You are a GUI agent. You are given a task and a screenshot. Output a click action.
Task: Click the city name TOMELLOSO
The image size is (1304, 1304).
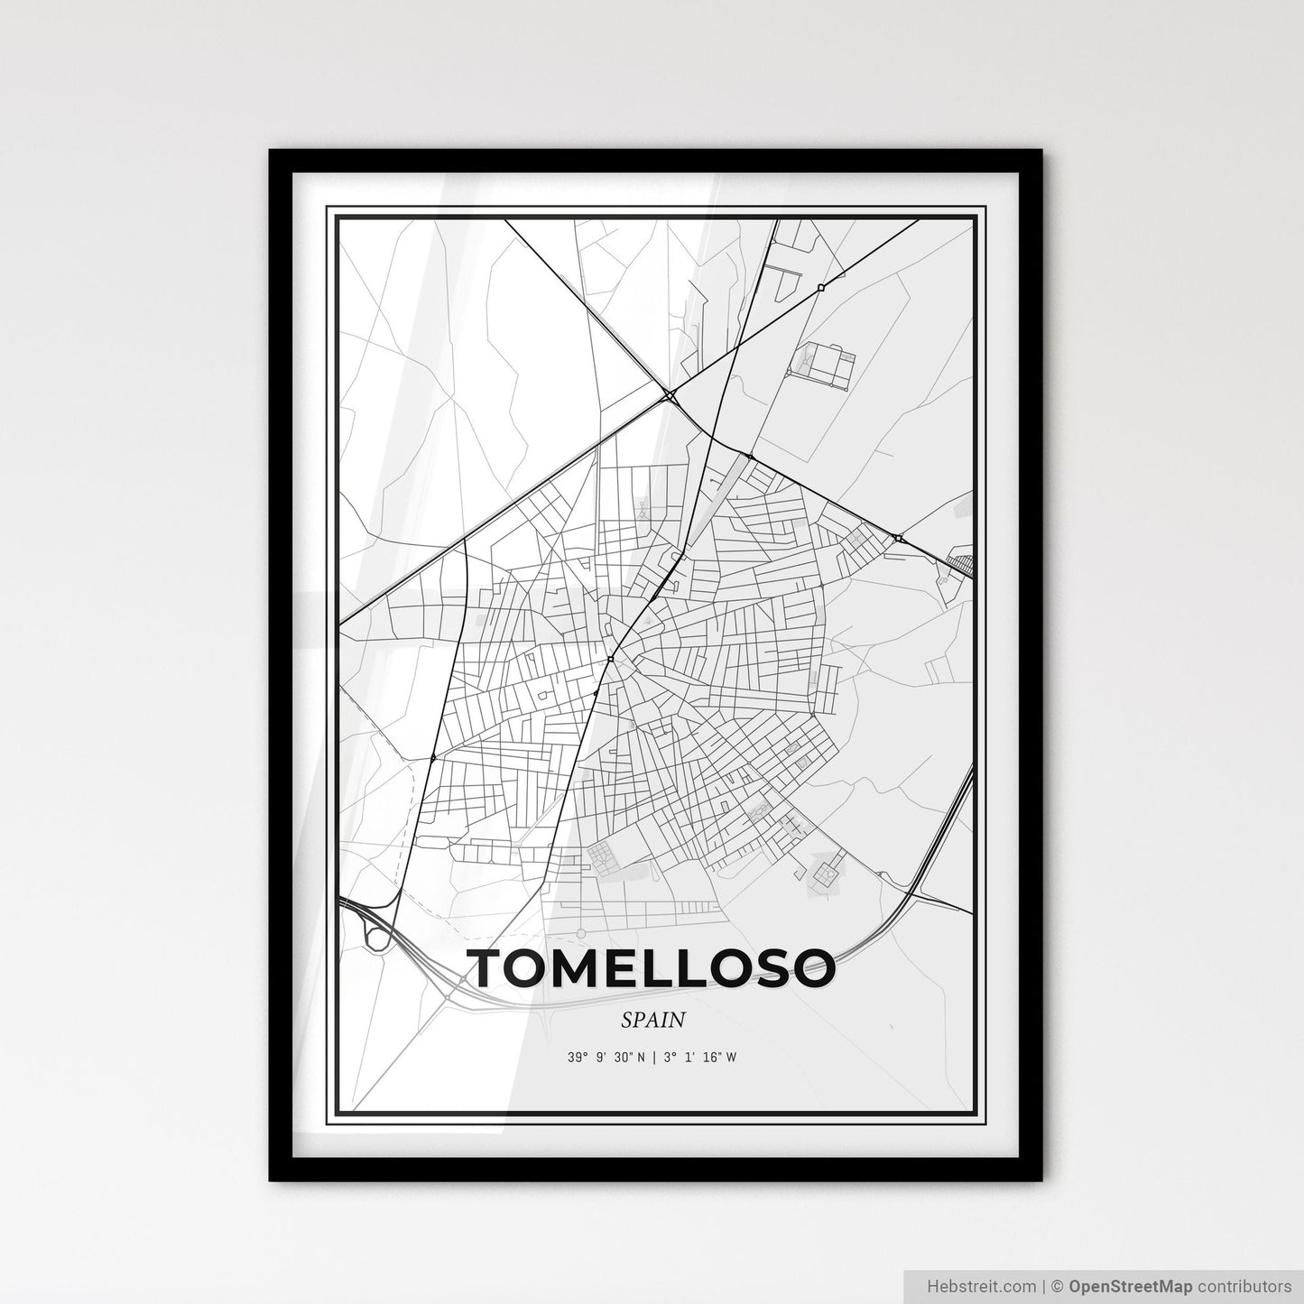652,967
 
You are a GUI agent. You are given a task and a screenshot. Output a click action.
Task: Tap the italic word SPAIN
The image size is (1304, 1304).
652,1021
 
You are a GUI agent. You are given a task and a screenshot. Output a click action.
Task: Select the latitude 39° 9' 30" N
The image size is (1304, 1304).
606,1058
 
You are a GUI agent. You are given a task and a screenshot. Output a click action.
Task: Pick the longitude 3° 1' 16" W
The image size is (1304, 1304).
700,1058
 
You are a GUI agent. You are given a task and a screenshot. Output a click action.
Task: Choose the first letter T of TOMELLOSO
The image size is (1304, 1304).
493,967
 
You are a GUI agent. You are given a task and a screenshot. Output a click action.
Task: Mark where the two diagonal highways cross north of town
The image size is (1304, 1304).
670,394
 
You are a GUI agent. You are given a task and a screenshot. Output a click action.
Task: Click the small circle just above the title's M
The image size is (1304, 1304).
580,932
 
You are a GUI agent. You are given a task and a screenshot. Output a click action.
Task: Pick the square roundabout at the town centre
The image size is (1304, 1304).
611,660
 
